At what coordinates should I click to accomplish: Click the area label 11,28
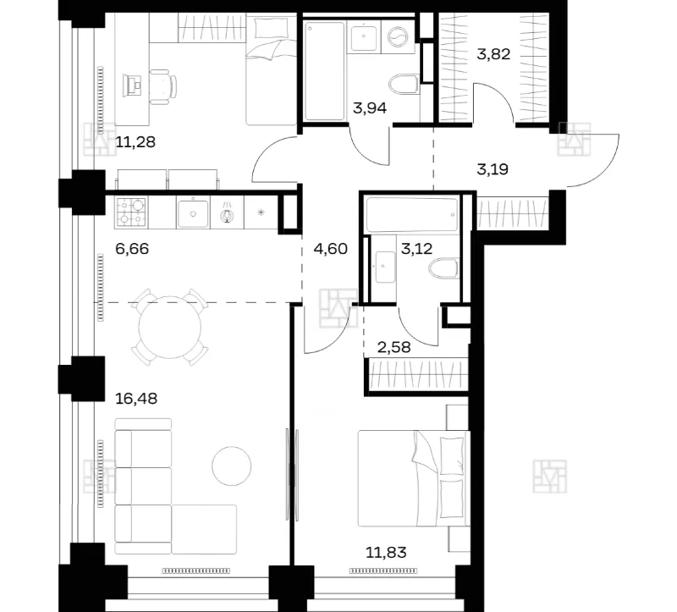coord(135,141)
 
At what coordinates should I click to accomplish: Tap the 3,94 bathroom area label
coord(370,108)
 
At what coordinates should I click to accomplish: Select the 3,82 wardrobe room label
coord(493,54)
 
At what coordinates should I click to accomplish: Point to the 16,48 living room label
coord(136,398)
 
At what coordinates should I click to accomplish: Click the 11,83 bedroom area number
coord(386,552)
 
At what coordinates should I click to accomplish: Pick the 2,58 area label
coord(394,347)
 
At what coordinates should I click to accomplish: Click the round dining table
coord(170,327)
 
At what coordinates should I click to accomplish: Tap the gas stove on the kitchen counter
coord(131,212)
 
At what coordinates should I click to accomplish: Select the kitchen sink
coord(193,212)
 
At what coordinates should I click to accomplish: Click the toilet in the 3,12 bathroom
coord(444,268)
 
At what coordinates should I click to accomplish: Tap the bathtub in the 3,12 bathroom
coord(411,215)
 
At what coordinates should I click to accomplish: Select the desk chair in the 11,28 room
coord(163,87)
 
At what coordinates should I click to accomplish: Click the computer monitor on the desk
coord(133,85)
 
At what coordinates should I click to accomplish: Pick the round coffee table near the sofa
coord(231,466)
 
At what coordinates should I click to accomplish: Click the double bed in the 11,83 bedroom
coord(414,478)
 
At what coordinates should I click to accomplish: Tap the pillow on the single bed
coord(272,28)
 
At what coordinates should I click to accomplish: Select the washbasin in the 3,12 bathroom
coord(386,267)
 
